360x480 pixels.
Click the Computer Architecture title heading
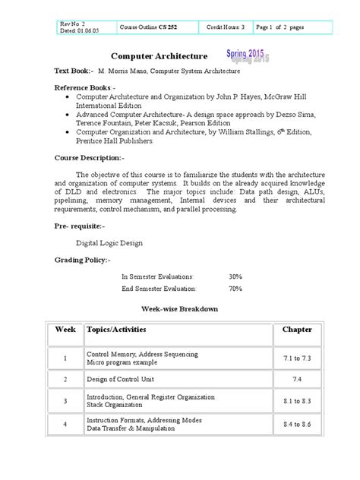pyautogui.click(x=159, y=56)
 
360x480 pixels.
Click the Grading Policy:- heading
pyautogui.click(x=82, y=260)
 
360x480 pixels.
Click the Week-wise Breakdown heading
pyautogui.click(x=181, y=309)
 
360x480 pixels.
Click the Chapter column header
pyautogui.click(x=297, y=330)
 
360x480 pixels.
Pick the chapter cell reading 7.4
pyautogui.click(x=297, y=377)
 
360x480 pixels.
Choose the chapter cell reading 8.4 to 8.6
pyautogui.click(x=297, y=425)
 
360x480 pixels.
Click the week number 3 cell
pyautogui.click(x=65, y=400)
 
